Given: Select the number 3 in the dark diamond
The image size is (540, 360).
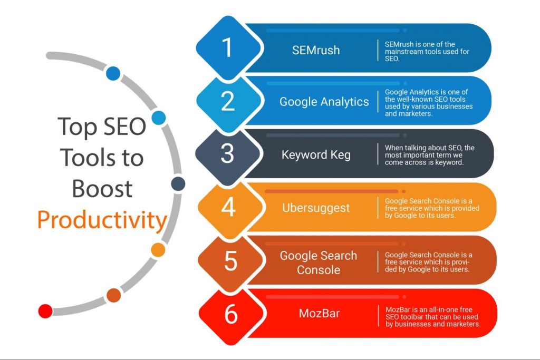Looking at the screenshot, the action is [227, 153].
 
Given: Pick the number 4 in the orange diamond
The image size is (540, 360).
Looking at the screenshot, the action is [228, 207].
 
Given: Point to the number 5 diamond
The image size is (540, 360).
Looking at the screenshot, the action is [230, 260].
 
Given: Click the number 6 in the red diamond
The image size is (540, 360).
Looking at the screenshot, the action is [231, 314].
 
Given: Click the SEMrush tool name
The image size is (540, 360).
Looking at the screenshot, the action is [316, 50].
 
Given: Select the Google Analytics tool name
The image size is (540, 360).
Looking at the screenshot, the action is [324, 102].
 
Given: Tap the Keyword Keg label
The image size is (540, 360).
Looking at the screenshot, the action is [316, 155].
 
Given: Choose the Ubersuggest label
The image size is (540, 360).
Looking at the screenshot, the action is [316, 208].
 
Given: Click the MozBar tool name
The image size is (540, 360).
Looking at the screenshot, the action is [319, 313].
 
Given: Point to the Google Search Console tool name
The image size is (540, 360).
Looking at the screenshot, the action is [319, 262].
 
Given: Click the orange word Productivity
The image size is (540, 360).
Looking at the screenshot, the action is [102, 221].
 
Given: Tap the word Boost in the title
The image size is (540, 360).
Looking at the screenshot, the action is [102, 189].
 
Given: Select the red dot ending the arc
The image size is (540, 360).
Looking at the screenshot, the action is [45, 311].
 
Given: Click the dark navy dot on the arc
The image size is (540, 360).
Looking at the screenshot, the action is [178, 184].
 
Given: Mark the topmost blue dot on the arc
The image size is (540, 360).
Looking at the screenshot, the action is [113, 73].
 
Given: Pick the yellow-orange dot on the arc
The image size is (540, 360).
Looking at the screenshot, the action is [158, 250].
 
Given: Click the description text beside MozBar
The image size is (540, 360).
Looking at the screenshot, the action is [433, 317].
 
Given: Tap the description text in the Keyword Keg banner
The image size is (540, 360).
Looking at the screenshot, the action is [429, 155].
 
